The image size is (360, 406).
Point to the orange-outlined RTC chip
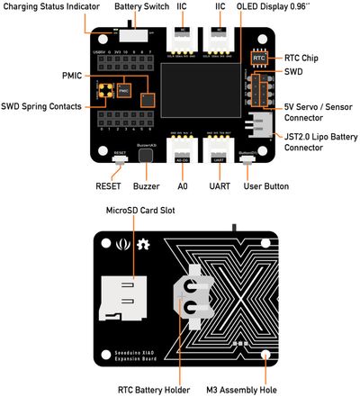[x=259, y=57]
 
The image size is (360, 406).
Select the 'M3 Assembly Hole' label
[x=265, y=390]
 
